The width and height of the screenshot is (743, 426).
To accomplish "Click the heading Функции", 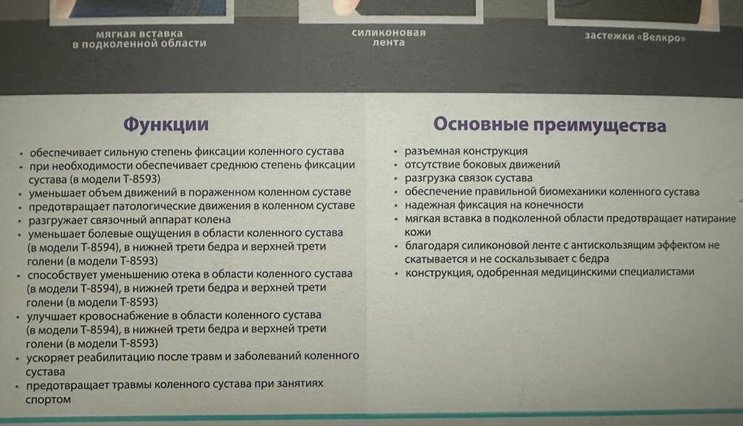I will pyautogui.click(x=165, y=124).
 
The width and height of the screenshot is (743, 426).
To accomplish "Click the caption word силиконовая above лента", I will pyautogui.click(x=389, y=33).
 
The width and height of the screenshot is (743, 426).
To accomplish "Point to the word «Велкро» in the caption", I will pyautogui.click(x=661, y=38).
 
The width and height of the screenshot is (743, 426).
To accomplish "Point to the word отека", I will pyautogui.click(x=186, y=275).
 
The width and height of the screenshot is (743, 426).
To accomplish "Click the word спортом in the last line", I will pyautogui.click(x=48, y=399).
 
